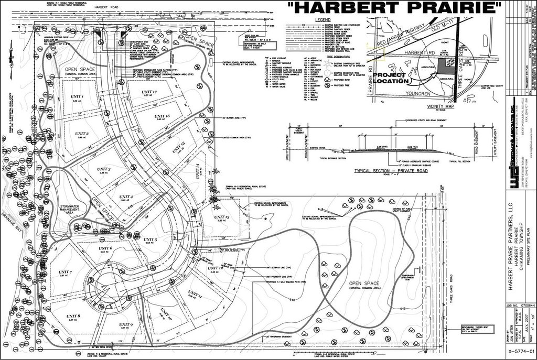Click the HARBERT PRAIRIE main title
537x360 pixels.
point(394,8)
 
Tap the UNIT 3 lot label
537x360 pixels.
point(103,169)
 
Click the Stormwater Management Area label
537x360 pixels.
point(72,210)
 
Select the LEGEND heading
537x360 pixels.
point(326,19)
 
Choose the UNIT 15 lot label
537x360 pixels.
point(176,145)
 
